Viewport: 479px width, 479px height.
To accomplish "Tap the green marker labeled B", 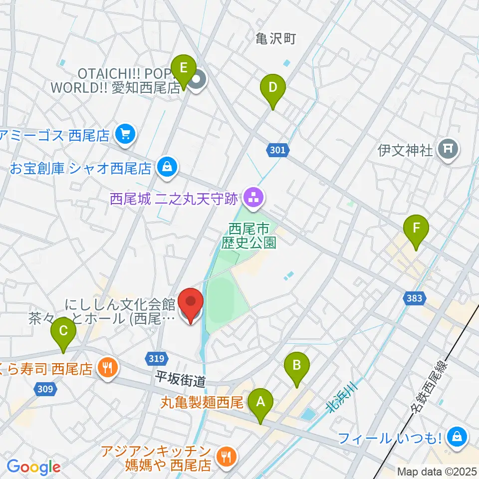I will pyautogui.click(x=296, y=366).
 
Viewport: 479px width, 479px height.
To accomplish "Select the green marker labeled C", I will pyautogui.click(x=63, y=332).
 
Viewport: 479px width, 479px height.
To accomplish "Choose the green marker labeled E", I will pyautogui.click(x=184, y=67).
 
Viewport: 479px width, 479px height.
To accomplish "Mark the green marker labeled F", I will pyautogui.click(x=416, y=230).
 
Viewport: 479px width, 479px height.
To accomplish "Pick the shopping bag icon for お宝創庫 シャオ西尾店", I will pyautogui.click(x=167, y=167).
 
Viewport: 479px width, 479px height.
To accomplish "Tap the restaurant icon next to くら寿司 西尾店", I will pyautogui.click(x=108, y=369).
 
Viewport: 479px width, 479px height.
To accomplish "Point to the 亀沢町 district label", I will pyautogui.click(x=276, y=39).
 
